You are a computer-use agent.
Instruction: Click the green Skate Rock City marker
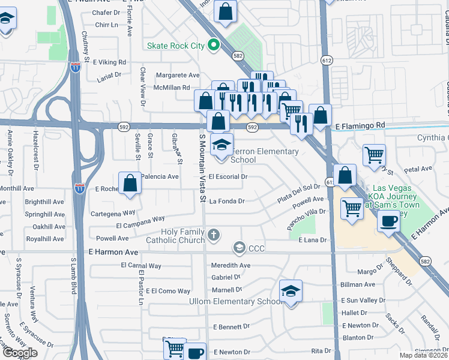click(x=212, y=45)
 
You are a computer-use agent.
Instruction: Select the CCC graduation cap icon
click(x=239, y=248)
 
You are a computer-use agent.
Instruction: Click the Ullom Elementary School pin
click(x=291, y=292)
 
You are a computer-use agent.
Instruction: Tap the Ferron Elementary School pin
click(x=221, y=145)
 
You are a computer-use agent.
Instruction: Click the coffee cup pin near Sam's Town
click(x=389, y=221)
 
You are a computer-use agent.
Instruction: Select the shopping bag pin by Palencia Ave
click(x=130, y=183)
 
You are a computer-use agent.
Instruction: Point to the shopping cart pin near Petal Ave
click(x=375, y=155)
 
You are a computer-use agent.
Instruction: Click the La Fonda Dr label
click(x=227, y=202)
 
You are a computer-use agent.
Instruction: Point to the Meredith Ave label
click(x=231, y=265)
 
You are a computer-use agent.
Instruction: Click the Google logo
click(x=20, y=352)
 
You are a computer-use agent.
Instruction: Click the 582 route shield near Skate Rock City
click(x=238, y=55)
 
